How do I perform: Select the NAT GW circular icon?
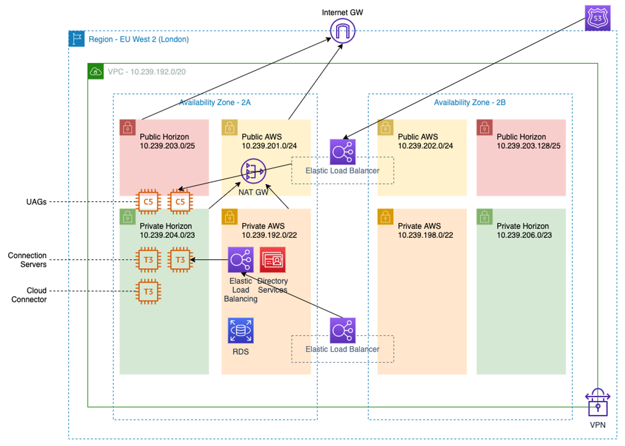253,171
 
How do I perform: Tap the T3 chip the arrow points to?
180,259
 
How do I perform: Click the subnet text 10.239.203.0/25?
167,146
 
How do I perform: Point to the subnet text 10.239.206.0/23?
524,235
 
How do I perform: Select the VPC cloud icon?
96,71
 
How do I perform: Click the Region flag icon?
76,39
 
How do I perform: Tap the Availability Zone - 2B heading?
469,103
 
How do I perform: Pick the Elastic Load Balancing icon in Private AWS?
240,259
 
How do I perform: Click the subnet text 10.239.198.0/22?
425,235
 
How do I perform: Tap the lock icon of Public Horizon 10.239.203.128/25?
484,128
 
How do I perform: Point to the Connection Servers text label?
27,260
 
